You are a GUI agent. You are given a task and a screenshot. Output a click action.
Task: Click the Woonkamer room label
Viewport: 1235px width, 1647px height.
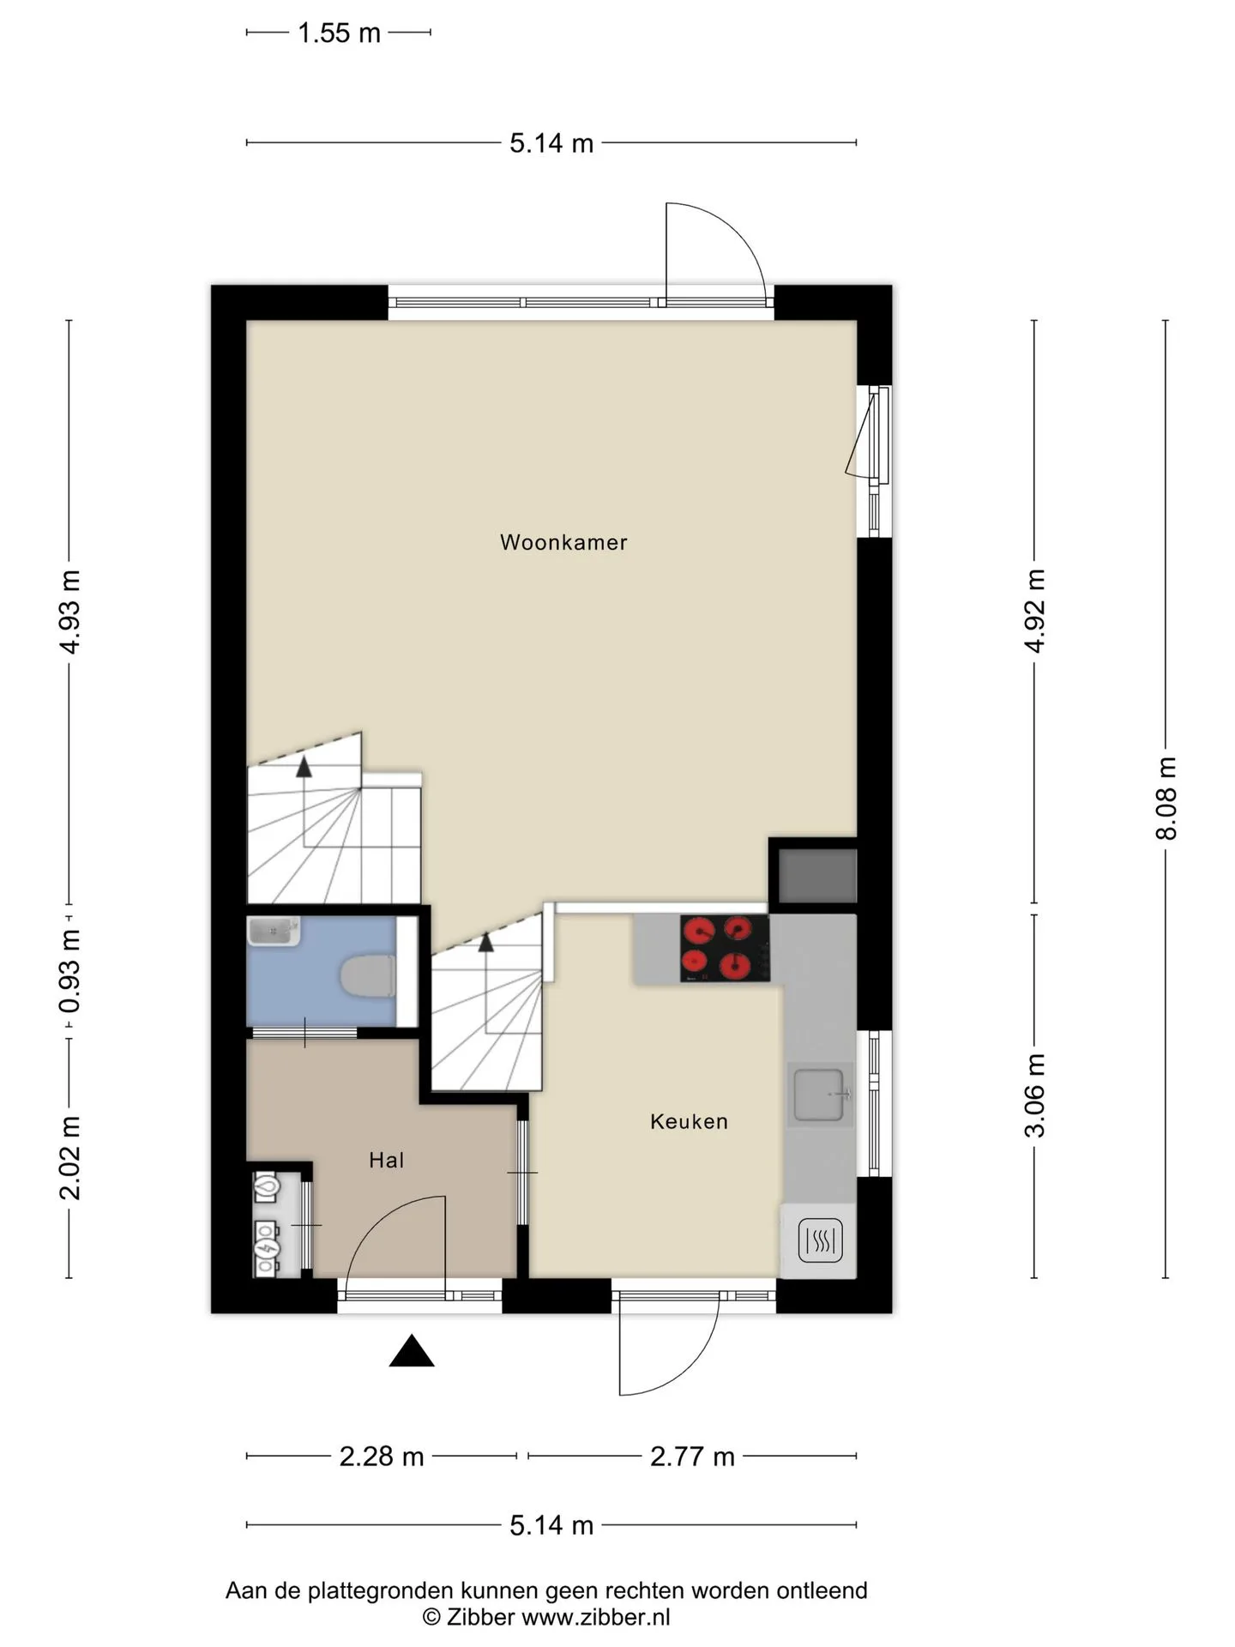[x=563, y=542]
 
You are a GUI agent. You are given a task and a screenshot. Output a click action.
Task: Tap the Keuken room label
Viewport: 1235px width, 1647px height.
[x=689, y=1121]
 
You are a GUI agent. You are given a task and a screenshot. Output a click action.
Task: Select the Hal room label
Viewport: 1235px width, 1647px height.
[x=386, y=1161]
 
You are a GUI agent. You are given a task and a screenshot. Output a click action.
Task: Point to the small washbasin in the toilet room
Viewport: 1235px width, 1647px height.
[x=274, y=931]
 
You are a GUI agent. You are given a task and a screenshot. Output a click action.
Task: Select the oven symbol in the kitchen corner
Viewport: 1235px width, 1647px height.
[x=821, y=1240]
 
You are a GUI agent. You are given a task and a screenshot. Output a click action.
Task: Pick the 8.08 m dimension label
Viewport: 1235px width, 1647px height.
[x=1166, y=798]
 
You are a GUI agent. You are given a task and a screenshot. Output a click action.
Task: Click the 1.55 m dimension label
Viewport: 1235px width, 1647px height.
[x=339, y=33]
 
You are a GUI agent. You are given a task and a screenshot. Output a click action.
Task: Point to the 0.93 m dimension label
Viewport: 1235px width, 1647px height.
[x=69, y=971]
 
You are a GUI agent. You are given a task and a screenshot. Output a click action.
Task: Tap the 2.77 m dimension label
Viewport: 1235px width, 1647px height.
[x=692, y=1457]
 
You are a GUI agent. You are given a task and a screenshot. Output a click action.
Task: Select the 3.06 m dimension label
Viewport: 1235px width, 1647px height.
[x=1035, y=1095]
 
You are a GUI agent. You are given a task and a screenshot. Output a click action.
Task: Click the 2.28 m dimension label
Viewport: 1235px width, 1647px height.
[x=382, y=1457]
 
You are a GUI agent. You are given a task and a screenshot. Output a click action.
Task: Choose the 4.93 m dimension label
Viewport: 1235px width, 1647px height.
[x=69, y=612]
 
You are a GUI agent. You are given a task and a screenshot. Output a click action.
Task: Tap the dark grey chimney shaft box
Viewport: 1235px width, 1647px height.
[x=817, y=875]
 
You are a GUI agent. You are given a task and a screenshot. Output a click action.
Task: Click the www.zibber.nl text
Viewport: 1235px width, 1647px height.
[x=595, y=1618]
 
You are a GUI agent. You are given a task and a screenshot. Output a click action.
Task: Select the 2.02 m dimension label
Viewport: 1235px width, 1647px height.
[x=69, y=1158]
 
